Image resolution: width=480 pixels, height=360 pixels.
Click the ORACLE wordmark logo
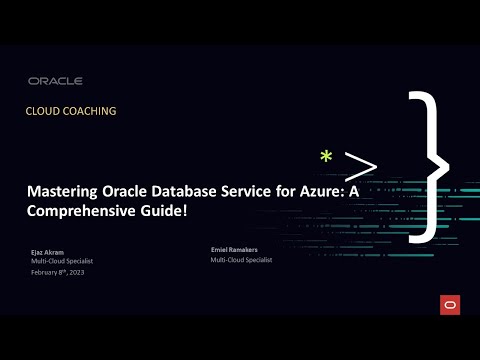[x=56, y=81]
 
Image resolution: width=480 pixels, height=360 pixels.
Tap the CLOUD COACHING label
[x=71, y=111]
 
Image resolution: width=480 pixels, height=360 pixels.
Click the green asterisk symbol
[x=325, y=158]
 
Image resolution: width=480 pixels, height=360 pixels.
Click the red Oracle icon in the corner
[x=447, y=303]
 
